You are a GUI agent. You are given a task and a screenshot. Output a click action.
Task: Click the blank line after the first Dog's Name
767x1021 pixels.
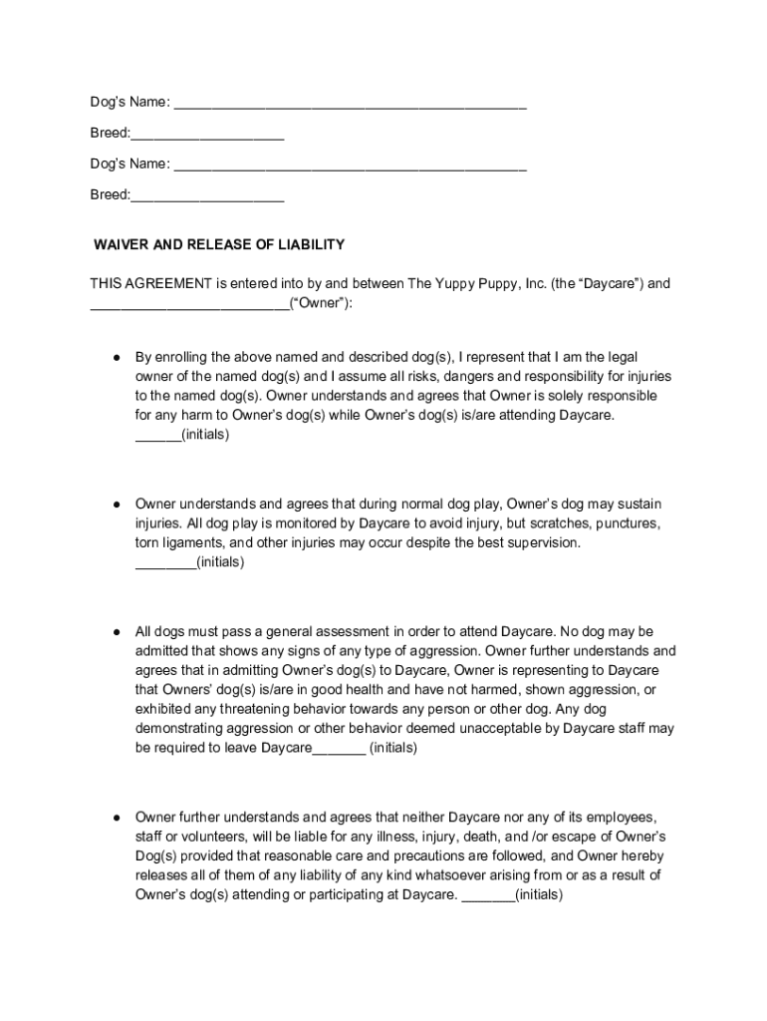(350, 105)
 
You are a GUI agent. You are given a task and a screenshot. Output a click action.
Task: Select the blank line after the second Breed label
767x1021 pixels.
(207, 196)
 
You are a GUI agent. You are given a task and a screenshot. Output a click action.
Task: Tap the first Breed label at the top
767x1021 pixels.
(109, 134)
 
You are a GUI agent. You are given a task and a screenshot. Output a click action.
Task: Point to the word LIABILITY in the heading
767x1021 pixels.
(311, 244)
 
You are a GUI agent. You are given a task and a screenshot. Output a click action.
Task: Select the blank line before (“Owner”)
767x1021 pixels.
(189, 304)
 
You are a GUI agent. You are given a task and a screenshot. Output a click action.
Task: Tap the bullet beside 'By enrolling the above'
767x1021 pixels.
(117, 357)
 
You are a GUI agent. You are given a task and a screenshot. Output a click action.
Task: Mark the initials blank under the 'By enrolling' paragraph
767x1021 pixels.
(157, 436)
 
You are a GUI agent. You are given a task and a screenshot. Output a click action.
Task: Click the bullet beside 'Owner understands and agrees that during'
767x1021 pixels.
(117, 505)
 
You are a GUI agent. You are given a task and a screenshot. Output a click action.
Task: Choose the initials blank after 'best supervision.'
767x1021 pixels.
(164, 563)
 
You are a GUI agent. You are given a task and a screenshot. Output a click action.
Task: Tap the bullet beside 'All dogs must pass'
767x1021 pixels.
(117, 632)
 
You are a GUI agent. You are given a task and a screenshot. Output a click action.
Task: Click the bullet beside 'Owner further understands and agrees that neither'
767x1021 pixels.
(117, 818)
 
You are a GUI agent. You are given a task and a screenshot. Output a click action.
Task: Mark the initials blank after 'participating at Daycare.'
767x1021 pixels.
(488, 895)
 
